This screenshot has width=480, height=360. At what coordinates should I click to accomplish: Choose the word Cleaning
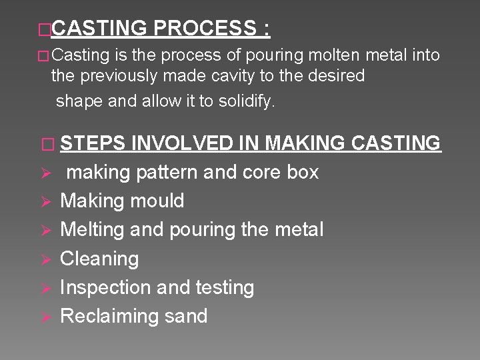pyautogui.click(x=99, y=259)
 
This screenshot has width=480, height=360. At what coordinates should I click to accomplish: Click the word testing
pyautogui.click(x=224, y=287)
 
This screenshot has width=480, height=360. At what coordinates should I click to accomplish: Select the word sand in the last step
pyautogui.click(x=187, y=316)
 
